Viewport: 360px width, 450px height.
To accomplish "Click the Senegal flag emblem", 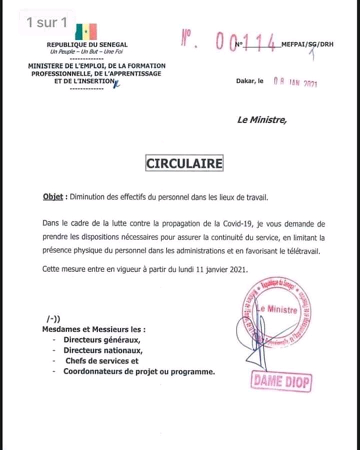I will (86, 31).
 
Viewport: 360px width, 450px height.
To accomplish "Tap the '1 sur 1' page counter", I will (46, 22).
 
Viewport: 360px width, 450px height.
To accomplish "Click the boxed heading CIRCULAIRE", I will (184, 163).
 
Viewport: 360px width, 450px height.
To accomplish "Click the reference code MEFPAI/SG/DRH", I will (307, 44).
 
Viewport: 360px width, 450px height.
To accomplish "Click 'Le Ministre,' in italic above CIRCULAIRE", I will (262, 119).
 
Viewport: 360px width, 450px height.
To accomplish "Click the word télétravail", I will (301, 251).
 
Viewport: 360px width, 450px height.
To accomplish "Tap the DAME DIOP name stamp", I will (281, 382).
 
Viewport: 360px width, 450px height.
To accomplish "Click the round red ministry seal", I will (276, 315).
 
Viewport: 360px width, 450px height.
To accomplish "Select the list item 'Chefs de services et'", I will (101, 360).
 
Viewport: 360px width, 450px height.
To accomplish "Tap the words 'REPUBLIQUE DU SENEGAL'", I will (87, 44).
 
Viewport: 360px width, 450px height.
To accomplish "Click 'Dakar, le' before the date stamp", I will (249, 80).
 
